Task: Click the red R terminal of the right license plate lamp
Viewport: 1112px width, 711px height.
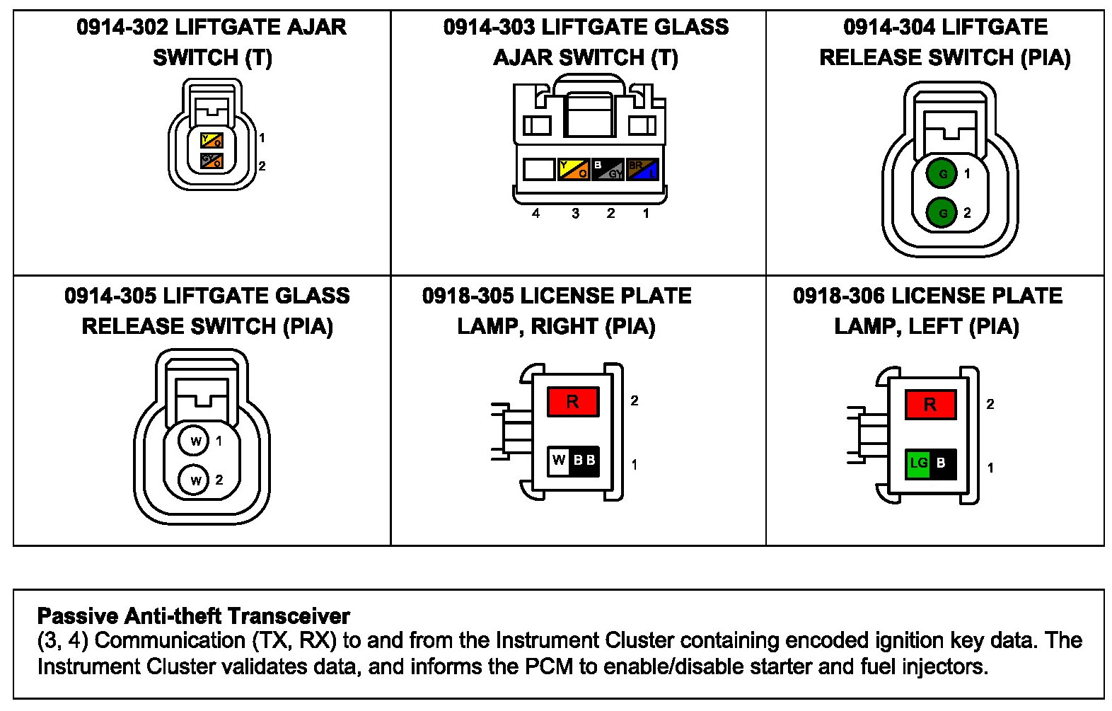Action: [572, 402]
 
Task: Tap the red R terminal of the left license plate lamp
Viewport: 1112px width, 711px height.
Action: [929, 405]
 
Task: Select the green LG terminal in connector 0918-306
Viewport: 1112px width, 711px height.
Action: [918, 463]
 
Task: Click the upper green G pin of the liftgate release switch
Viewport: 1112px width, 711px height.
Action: [942, 174]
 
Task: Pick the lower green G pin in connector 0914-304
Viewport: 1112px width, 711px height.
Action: [942, 212]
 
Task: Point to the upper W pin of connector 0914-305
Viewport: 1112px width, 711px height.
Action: [195, 441]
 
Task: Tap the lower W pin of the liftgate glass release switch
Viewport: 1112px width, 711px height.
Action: [195, 480]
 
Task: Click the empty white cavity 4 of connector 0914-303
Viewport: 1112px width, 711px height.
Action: [538, 170]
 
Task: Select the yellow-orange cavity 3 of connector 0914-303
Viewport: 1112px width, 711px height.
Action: [574, 170]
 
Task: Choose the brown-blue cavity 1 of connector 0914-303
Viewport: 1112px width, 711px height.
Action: [642, 170]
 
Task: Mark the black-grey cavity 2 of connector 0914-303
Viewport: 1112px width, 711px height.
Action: [608, 170]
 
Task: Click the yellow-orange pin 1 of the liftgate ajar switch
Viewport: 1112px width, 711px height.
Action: [212, 140]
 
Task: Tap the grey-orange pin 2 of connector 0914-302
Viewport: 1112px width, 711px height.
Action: [212, 161]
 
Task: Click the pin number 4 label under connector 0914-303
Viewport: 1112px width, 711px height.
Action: [535, 213]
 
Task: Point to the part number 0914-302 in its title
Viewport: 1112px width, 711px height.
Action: [122, 28]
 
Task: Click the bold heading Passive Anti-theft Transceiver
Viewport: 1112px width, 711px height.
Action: [193, 615]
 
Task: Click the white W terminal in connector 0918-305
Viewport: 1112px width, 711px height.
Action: [559, 460]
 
